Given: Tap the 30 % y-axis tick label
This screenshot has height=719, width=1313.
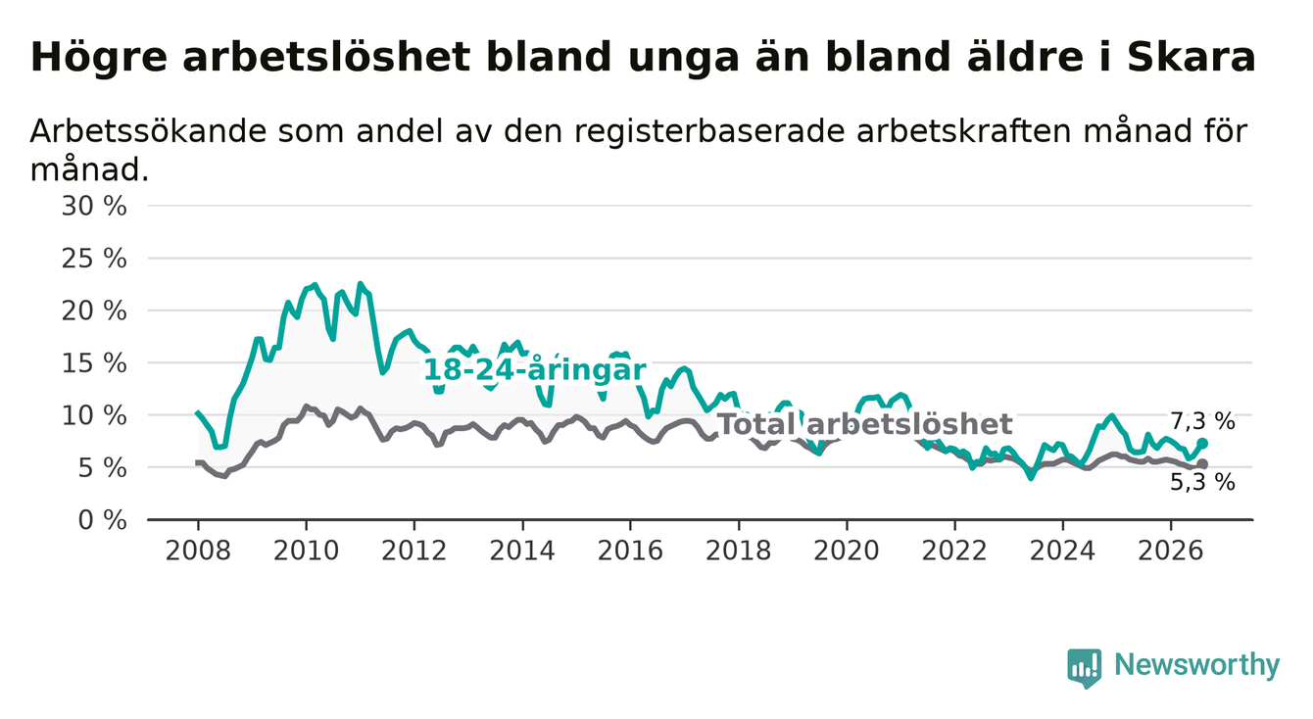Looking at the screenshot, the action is coord(94,207).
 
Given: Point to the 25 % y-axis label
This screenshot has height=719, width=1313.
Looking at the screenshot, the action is coord(94,259).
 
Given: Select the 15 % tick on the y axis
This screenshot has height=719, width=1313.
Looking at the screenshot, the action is coord(94,363).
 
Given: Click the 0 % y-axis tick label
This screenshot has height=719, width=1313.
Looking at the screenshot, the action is coord(102,520).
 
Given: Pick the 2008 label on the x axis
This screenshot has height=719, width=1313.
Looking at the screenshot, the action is coord(198,551).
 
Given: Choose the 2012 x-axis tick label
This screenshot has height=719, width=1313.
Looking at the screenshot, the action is coord(413,551).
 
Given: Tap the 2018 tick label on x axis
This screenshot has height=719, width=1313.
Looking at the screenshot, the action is coord(739,551).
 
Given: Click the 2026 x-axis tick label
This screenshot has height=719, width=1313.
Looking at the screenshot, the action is coord(1171,551).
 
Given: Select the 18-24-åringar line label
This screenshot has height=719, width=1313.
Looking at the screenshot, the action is coord(535,370).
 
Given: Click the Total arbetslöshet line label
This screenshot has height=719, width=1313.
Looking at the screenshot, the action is coord(865,424).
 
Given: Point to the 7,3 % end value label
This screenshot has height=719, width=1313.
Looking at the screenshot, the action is coord(1203,421).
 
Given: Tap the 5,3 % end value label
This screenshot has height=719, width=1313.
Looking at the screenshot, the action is coord(1203,482).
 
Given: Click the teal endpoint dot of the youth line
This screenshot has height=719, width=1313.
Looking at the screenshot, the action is coord(1202,443).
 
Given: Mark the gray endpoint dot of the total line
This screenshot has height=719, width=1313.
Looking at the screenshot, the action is coord(1202,464).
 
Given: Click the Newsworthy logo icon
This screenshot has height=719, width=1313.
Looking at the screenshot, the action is coord(1085,667).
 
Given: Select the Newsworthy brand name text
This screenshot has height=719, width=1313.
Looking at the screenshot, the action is coord(1197,665).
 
